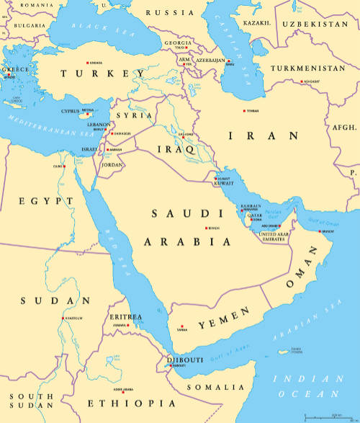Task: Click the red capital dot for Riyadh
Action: click(x=207, y=228)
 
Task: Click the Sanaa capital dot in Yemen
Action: click(x=182, y=327)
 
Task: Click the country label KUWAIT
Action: click(x=224, y=184)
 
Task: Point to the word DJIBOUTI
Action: click(x=185, y=359)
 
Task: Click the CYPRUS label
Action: click(x=70, y=112)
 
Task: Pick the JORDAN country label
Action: click(x=113, y=165)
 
